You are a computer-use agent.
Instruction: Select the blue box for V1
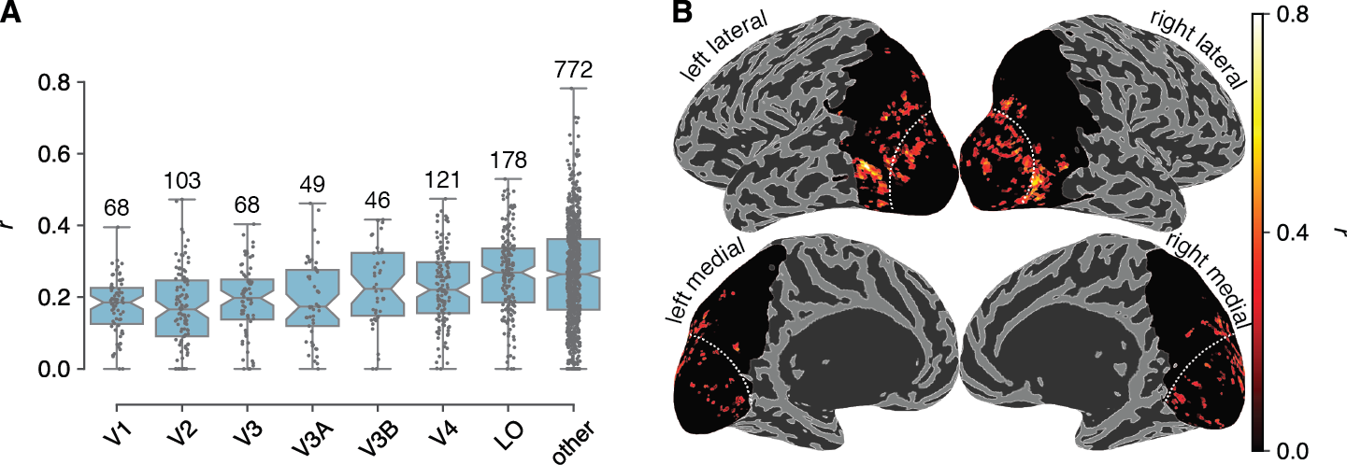coord(117,306)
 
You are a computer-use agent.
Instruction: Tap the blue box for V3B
coord(378,284)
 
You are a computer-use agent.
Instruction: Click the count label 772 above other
coord(572,70)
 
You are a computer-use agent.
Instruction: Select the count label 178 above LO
coord(509,161)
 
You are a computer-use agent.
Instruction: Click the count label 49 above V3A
coord(312,185)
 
